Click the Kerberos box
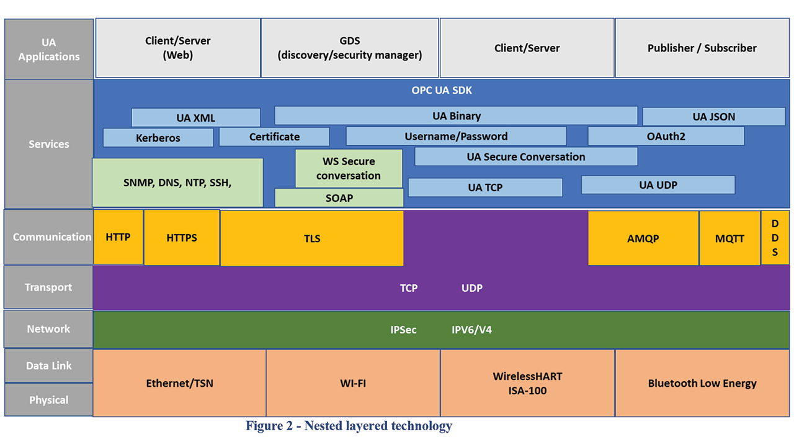[158, 138]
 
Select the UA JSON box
[713, 117]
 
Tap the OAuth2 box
[666, 136]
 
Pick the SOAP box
[339, 198]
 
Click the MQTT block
[729, 238]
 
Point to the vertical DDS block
[775, 238]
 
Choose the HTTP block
[118, 237]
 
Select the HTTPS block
[182, 238]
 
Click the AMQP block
[643, 238]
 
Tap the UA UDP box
[658, 185]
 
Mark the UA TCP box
[485, 187]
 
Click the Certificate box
[274, 137]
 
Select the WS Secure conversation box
[349, 168]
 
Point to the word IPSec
[403, 330]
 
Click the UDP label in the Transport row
[471, 288]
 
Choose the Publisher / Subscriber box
[702, 48]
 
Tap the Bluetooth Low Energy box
[702, 383]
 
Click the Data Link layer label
[48, 366]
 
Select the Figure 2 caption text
[349, 426]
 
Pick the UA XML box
[195, 118]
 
